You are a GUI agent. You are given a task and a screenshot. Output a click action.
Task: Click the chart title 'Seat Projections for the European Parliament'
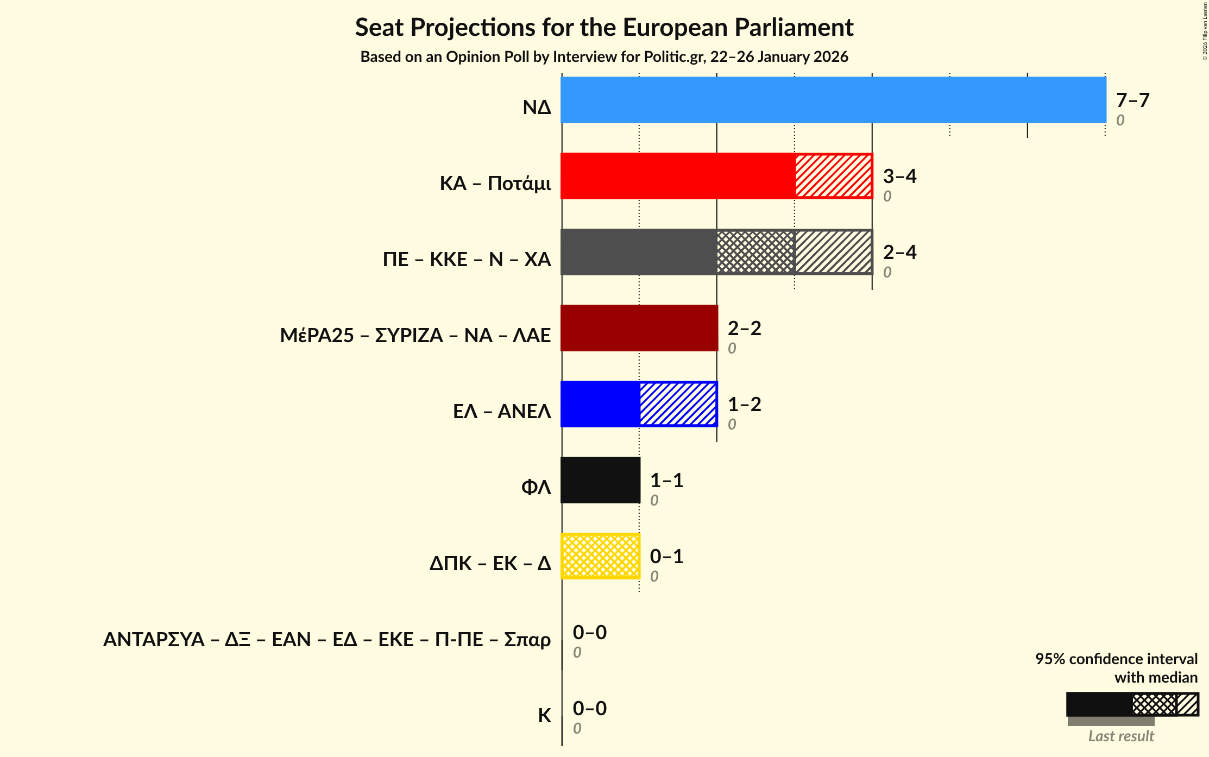point(604,27)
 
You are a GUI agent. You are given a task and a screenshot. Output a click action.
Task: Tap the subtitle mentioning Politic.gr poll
point(604,57)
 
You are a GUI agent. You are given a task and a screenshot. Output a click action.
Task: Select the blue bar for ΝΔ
point(833,100)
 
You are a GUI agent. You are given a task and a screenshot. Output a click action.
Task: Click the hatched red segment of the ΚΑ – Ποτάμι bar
point(834,176)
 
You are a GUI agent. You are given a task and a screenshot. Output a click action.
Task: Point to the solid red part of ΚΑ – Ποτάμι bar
point(678,176)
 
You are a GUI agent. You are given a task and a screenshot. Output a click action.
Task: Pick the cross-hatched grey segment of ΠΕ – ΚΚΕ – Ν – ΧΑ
point(755,252)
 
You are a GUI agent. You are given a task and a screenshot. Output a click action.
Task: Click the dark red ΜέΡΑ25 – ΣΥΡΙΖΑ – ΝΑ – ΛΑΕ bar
point(639,328)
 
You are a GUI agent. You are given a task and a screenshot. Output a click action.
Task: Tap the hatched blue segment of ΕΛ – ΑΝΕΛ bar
point(678,404)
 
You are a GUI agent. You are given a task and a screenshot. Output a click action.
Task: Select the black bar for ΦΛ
point(600,480)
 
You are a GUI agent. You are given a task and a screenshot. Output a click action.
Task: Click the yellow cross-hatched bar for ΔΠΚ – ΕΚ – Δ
point(600,556)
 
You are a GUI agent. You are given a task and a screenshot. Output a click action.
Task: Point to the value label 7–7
point(1132,100)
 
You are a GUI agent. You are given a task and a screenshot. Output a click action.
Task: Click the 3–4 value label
point(899,176)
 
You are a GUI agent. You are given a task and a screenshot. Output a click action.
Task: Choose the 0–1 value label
point(666,557)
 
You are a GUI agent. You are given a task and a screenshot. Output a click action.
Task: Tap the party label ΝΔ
point(537,108)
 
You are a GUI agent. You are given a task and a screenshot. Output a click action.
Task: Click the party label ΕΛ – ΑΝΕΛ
point(502,412)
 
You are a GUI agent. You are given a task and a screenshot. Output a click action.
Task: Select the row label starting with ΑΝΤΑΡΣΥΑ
point(327,640)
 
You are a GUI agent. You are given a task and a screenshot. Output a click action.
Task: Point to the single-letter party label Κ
point(544,716)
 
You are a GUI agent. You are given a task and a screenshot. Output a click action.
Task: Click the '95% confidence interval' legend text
point(1116,659)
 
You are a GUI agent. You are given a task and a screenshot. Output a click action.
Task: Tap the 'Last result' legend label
point(1121,736)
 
